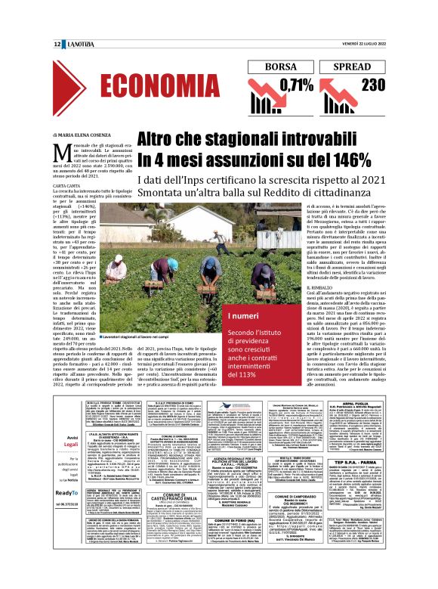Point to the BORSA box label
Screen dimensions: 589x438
pyautogui.click(x=282, y=67)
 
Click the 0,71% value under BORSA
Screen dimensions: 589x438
pyautogui.click(x=295, y=85)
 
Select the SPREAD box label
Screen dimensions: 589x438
pyautogui.click(x=357, y=67)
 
